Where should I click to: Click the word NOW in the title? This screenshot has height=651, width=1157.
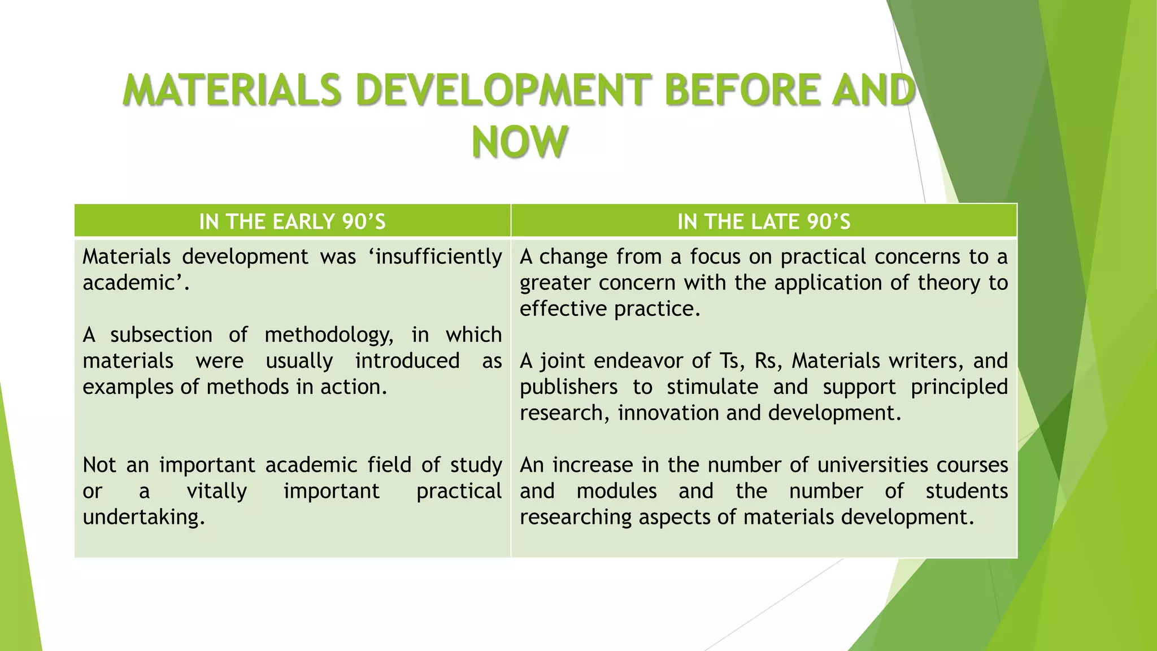[x=519, y=141]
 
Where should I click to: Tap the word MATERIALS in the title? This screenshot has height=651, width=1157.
[x=232, y=90]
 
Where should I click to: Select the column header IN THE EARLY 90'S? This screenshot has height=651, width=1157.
[x=292, y=222]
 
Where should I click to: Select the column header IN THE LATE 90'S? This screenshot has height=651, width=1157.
[x=764, y=222]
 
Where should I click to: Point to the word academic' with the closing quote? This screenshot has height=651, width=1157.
[x=136, y=283]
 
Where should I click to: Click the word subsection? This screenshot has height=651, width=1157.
[x=161, y=335]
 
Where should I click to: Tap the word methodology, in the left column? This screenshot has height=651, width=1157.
[x=329, y=335]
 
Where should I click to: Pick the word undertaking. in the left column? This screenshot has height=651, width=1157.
[x=143, y=517]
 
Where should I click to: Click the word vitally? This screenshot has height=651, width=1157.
[x=217, y=491]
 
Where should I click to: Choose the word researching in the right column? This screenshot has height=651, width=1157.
[x=576, y=517]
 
